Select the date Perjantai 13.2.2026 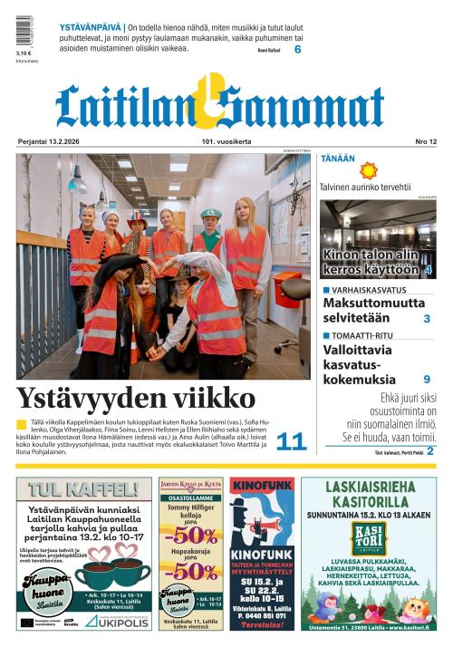53,142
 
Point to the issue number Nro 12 426,142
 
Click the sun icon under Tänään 368,170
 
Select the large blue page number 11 292,441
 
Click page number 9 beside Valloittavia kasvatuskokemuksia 427,379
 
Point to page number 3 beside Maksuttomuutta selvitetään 427,318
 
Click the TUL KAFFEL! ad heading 83,490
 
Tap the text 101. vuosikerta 226,142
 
